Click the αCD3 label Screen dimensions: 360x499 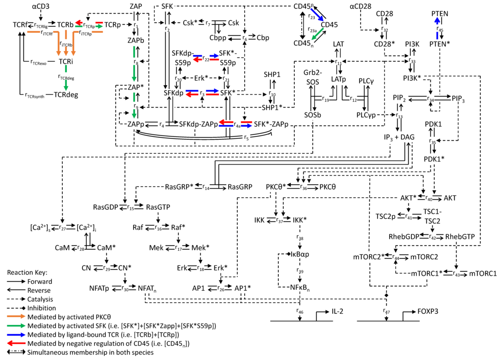(41, 6)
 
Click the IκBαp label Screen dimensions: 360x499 (300, 254)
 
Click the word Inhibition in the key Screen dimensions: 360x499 (42, 308)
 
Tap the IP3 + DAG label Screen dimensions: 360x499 (399, 137)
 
